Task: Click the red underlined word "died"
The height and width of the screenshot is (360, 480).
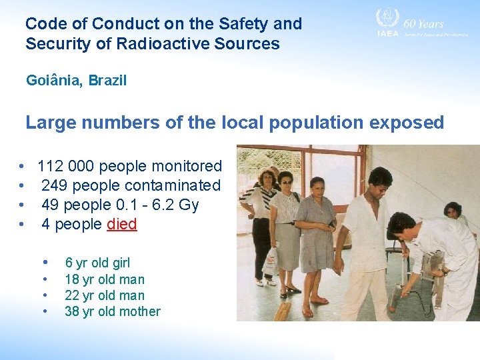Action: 122,225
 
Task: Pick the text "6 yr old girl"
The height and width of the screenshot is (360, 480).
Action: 97,263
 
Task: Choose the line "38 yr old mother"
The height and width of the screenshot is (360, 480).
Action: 112,311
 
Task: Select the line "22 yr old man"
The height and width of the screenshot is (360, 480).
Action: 104,295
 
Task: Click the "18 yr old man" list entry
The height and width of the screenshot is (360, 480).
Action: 104,279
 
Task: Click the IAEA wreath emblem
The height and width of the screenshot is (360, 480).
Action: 387,18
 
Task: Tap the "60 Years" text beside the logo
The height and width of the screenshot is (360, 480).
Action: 424,24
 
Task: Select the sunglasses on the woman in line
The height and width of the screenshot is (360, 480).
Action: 285,181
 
